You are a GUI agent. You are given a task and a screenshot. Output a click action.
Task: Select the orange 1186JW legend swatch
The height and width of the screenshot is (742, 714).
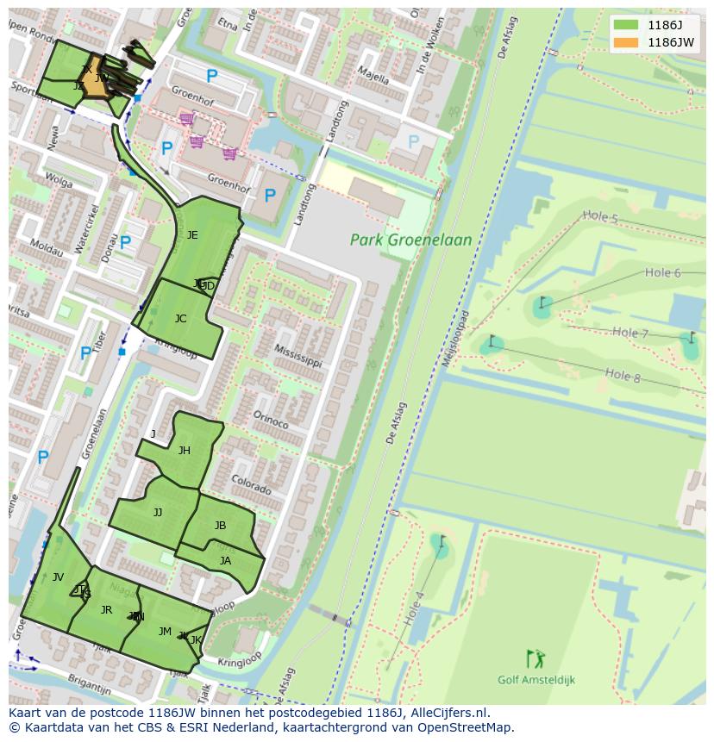pyautogui.click(x=627, y=42)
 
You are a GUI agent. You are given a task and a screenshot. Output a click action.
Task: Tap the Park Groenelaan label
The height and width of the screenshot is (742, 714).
pyautogui.click(x=410, y=240)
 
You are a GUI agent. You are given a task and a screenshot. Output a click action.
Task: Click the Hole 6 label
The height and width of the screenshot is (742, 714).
pyautogui.click(x=662, y=273)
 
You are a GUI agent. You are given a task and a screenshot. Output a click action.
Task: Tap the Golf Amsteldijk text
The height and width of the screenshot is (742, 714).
pyautogui.click(x=535, y=680)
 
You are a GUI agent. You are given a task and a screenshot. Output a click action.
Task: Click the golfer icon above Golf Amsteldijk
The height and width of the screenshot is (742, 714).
pyautogui.click(x=535, y=658)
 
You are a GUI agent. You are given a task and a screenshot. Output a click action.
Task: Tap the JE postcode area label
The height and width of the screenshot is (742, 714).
pyautogui.click(x=192, y=235)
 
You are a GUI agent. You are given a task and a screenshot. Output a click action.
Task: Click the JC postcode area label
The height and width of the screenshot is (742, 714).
pyautogui.click(x=180, y=319)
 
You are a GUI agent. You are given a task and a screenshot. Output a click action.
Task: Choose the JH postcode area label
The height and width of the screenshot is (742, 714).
pyautogui.click(x=185, y=451)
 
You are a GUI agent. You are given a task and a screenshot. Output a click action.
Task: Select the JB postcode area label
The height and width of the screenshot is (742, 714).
pyautogui.click(x=220, y=526)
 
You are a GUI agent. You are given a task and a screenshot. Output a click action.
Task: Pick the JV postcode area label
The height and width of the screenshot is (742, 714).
pyautogui.click(x=58, y=577)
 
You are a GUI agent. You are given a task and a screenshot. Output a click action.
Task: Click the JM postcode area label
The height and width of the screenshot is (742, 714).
pyautogui.click(x=165, y=632)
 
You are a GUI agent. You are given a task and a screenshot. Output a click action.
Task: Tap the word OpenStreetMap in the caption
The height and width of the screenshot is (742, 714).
pyautogui.click(x=466, y=727)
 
